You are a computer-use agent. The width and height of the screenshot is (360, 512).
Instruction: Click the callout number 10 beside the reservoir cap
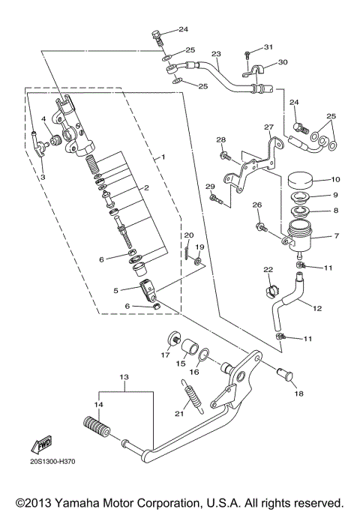pyautogui.click(x=335, y=179)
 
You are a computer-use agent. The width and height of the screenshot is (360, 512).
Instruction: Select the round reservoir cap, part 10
pyautogui.click(x=304, y=182)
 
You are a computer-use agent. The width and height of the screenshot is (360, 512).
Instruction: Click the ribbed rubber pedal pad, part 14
pyautogui.click(x=97, y=433)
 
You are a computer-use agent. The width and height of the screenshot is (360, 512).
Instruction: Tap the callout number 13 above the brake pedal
pyautogui.click(x=124, y=376)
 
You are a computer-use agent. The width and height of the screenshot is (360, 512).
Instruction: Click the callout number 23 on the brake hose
pyautogui.click(x=216, y=53)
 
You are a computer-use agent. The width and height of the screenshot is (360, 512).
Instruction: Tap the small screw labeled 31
pyautogui.click(x=247, y=53)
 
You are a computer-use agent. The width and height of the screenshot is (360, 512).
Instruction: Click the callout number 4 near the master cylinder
pyautogui.click(x=43, y=118)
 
